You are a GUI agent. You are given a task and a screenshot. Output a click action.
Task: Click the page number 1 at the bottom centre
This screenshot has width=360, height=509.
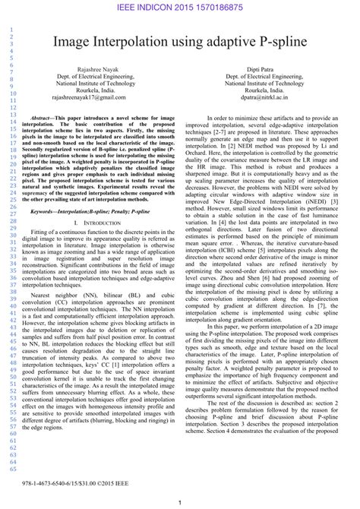click(179, 502)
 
